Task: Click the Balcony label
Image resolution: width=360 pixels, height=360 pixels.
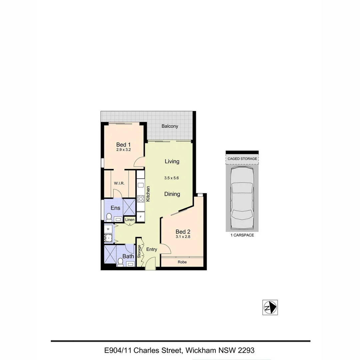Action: [170, 126]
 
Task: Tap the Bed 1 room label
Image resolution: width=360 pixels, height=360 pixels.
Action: [123, 145]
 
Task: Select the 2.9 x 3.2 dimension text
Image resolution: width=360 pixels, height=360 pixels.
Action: [123, 150]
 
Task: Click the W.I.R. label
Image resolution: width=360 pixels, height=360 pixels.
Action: [119, 183]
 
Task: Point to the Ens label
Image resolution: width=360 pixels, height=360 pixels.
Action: [115, 208]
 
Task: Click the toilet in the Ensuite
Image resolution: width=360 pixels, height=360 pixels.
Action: [108, 218]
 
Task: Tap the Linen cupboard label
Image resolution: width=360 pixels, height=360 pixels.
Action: [130, 220]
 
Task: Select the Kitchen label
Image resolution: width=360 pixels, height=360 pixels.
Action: [148, 193]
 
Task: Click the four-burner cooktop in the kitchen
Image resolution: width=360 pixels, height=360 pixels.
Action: [141, 199]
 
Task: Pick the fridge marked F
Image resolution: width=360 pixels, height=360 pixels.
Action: [141, 217]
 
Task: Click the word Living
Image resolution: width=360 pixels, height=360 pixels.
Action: [172, 161]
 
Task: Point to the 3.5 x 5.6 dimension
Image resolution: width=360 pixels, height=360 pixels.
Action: [172, 178]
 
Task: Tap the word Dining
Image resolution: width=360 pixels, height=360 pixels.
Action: [172, 194]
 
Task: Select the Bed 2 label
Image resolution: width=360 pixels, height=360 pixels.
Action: [183, 232]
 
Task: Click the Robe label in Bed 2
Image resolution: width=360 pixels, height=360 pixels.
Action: [182, 262]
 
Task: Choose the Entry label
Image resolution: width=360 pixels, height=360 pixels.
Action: [152, 249]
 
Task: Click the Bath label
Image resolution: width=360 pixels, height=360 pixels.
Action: [128, 256]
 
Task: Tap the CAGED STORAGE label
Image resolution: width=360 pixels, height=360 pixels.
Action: [242, 159]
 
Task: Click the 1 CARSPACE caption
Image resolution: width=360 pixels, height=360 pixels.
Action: [242, 235]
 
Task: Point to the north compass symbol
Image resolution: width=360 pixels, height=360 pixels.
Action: [270, 307]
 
